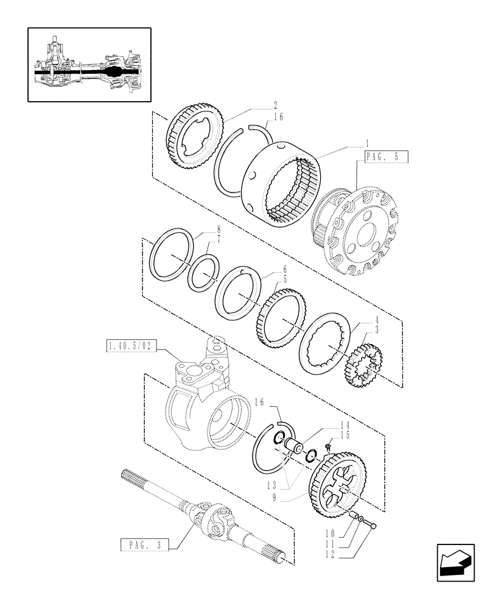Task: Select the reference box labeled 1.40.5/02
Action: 131,347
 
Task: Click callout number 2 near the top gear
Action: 242,105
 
